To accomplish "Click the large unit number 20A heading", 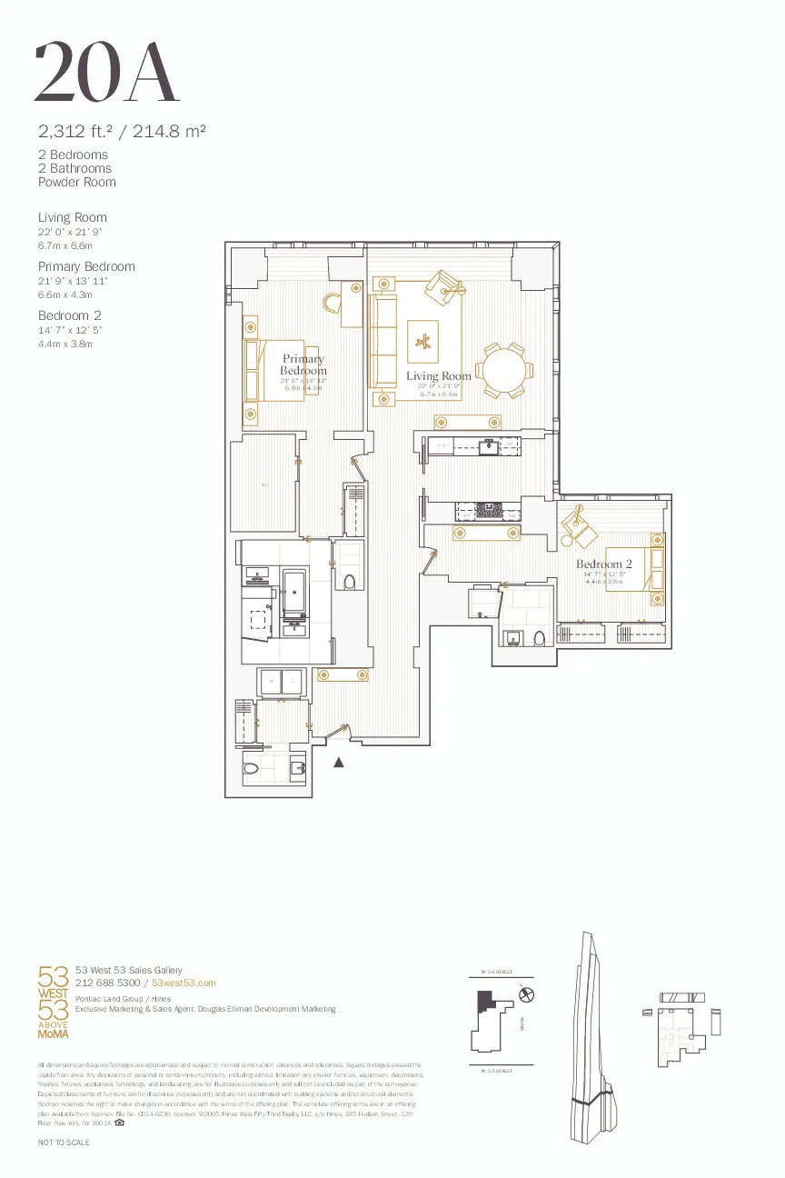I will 106,72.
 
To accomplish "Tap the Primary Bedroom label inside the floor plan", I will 303,365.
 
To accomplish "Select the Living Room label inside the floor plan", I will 439,376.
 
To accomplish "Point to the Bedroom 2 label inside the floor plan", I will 604,564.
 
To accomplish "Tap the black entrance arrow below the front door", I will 340,763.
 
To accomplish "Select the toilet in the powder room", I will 253,769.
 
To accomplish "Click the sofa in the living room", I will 383,341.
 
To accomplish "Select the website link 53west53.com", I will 184,983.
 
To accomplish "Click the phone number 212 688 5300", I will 107,983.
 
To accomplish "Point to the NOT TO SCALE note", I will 64,1141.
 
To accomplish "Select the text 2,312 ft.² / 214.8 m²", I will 122,131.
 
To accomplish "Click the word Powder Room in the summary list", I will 77,182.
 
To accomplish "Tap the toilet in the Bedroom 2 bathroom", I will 539,637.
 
